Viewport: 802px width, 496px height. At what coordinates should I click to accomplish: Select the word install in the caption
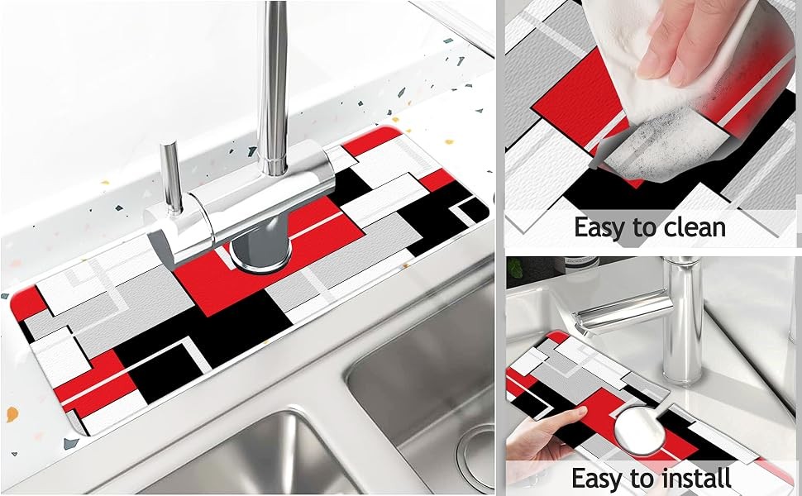[x=695, y=478]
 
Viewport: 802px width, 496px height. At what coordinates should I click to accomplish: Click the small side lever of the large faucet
[x=171, y=177]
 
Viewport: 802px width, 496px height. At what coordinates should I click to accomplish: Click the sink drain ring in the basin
[x=475, y=456]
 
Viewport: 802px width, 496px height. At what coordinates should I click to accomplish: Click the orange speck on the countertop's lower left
[x=12, y=413]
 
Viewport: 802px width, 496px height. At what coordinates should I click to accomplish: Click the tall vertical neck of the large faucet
[x=273, y=87]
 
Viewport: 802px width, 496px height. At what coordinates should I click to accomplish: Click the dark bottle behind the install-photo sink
[x=581, y=265]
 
